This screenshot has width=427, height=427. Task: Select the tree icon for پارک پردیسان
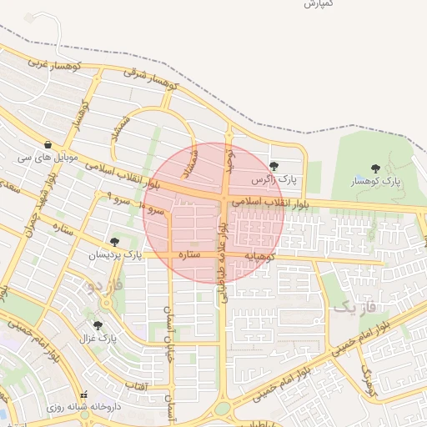[114, 242]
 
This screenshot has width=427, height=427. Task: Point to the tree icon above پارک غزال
[98, 325]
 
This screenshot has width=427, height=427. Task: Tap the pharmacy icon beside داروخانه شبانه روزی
[82, 394]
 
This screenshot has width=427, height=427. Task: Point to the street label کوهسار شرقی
[152, 78]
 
